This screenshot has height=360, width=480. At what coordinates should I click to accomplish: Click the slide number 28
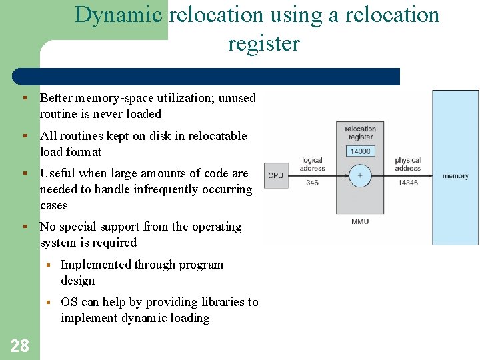pos(20,345)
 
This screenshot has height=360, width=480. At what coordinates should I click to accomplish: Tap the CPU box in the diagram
pos(275,176)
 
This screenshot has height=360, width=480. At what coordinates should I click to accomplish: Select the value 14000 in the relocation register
pos(360,151)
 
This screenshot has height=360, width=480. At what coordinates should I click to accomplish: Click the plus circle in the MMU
pos(360,176)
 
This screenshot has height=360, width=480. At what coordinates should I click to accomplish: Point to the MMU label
pos(360,221)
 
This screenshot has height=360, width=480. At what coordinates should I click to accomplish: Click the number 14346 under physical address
pos(407,182)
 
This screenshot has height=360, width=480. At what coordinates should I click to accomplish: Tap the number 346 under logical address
pos(312,182)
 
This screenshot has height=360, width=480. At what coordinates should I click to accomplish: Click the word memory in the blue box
pos(455,176)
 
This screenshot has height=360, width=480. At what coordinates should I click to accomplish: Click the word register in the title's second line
pos(264,44)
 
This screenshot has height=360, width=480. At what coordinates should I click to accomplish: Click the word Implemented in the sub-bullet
pos(95,265)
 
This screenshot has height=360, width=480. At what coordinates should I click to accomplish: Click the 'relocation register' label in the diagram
pos(360,133)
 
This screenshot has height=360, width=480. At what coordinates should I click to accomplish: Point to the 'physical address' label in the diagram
pos(407,164)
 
